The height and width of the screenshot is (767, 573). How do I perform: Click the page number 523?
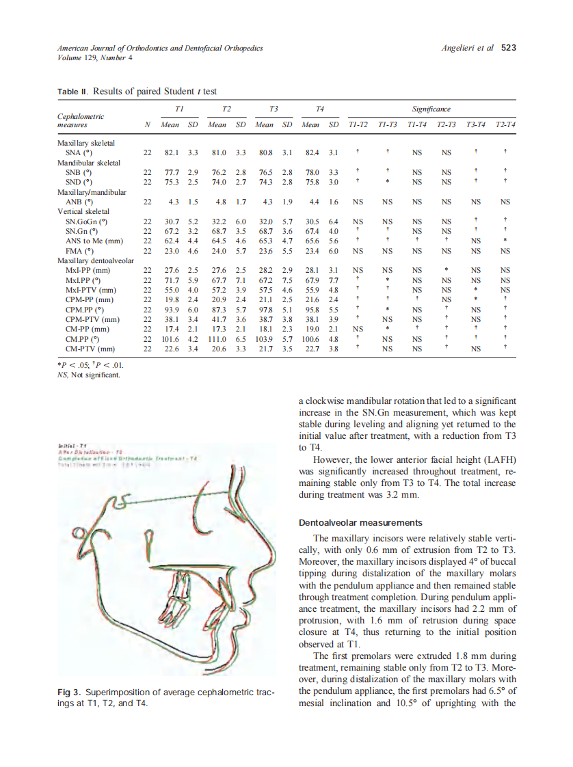pos(509,48)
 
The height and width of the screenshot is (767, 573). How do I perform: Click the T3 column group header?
pos(274,109)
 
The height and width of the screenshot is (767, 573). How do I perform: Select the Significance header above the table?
pos(431,109)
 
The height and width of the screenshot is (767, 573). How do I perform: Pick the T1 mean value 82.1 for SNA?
pos(171,153)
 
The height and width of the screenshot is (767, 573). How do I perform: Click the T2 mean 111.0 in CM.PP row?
pos(217,338)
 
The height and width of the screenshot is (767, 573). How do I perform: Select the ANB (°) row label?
pos(79,202)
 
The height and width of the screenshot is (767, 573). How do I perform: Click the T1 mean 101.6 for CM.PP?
pos(170,338)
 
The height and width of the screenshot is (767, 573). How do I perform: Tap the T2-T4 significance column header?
pos(505,125)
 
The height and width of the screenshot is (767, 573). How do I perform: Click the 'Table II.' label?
pos(72,91)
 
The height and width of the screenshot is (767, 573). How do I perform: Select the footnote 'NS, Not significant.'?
pos(89,374)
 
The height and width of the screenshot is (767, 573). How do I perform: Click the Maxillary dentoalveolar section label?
pos(96,260)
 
